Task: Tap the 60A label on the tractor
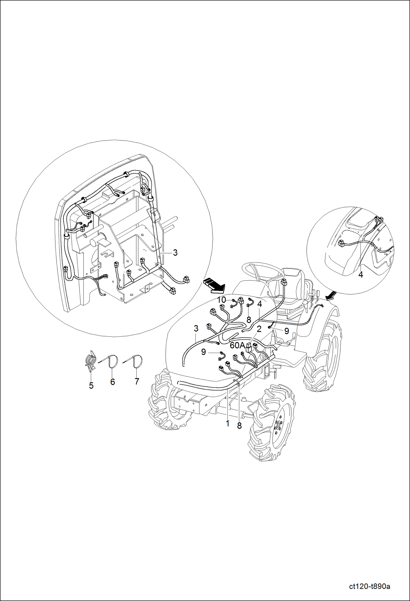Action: pos(237,346)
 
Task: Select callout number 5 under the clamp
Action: pos(91,386)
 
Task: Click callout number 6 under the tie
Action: pos(112,381)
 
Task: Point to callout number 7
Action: pos(137,381)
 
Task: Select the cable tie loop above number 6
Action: pos(114,361)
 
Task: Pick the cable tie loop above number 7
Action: pos(138,361)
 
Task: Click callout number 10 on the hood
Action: pos(222,300)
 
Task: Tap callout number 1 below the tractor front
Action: pos(227,423)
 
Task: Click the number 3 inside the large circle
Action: pos(175,253)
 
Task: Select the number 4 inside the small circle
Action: pos(361,274)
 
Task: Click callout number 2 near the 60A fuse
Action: pos(259,329)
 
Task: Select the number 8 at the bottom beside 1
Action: pos(239,426)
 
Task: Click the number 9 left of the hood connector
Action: pos(203,352)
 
